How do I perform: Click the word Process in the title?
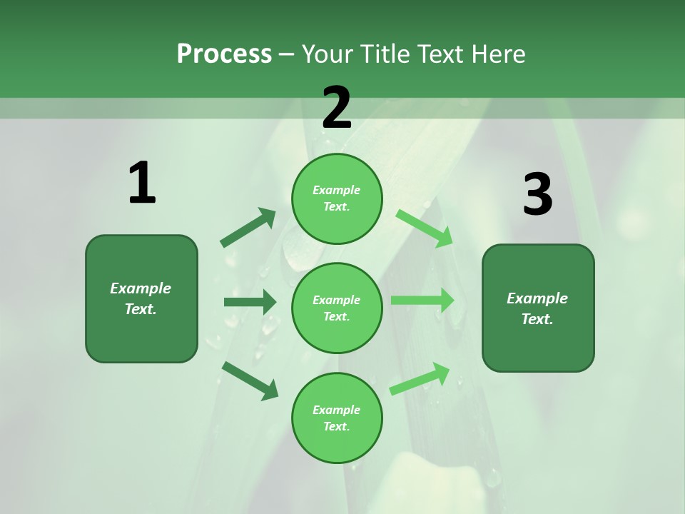point(224,54)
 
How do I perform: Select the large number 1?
point(141,183)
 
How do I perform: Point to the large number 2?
point(337,107)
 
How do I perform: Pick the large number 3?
point(537,194)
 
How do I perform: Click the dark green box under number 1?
point(141,298)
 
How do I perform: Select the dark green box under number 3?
point(538,308)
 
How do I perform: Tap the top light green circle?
point(337,198)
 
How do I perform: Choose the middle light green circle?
point(337,308)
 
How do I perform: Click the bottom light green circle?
point(337,418)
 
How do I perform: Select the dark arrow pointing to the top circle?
point(248,228)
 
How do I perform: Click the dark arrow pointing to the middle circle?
point(250,302)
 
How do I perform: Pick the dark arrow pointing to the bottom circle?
point(250,381)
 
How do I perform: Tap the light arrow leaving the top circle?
point(425,228)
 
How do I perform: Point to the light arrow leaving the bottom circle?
point(420,379)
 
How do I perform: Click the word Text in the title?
point(440,54)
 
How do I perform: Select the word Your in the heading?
point(326,54)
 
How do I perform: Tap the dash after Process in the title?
point(286,54)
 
